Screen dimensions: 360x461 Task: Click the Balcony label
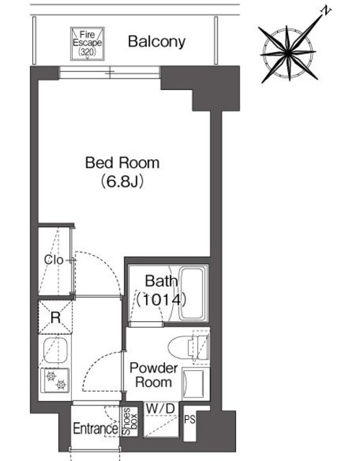point(157,42)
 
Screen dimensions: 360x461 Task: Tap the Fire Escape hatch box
point(87,43)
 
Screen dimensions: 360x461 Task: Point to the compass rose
point(288,53)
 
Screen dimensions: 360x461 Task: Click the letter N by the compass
point(325,12)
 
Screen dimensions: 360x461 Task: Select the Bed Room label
point(122,163)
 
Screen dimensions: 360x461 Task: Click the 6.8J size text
point(122,182)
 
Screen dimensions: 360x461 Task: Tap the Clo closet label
point(53,260)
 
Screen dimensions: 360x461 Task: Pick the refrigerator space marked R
point(55,317)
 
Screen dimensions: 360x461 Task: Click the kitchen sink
point(55,350)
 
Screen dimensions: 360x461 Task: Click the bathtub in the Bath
point(192,293)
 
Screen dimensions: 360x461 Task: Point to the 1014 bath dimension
point(161,300)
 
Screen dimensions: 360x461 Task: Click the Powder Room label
point(153,375)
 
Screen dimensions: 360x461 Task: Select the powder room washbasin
point(194,382)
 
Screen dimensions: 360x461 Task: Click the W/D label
point(161,408)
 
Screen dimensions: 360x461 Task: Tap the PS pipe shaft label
point(190,419)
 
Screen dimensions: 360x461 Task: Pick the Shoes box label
point(130,421)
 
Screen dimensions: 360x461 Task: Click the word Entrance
point(96,429)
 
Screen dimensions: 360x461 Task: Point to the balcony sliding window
point(109,72)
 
